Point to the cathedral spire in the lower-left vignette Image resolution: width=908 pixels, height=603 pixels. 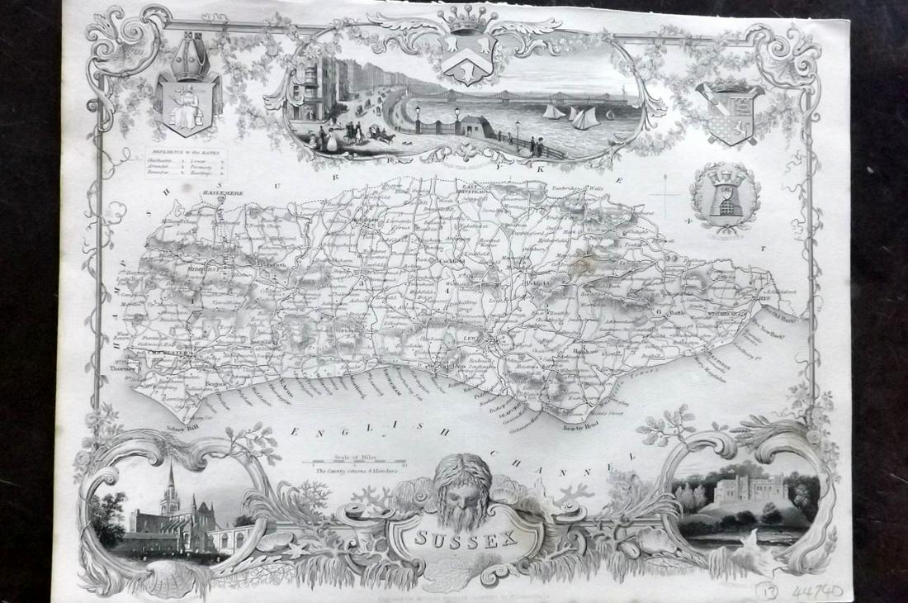point(170,487)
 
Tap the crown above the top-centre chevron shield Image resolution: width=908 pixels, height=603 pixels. point(467,18)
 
